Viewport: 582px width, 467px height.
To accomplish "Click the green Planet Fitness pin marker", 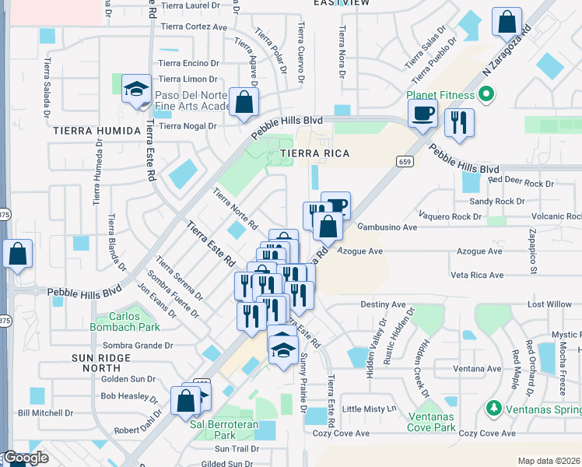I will tap(487, 95).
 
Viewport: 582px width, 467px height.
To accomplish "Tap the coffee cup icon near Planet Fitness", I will tap(422, 114).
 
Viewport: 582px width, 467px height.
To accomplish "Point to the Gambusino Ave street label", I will tap(387, 227).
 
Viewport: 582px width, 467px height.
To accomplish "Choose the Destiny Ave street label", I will tap(383, 304).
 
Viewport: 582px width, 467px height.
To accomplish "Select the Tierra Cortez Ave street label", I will tap(194, 26).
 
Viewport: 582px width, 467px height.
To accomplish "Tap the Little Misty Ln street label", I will tap(370, 409).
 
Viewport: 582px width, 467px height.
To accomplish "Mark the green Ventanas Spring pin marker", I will tap(493, 408).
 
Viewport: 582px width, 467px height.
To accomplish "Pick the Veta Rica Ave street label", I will tap(477, 275).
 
